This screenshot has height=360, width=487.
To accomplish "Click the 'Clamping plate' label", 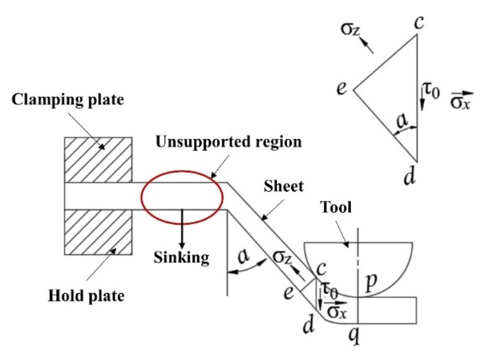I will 68,99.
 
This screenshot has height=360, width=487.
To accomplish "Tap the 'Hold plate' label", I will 86,295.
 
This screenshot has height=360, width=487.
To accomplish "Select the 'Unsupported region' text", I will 229,142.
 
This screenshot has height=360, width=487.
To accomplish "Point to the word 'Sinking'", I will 181,257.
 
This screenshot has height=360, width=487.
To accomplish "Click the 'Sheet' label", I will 284,186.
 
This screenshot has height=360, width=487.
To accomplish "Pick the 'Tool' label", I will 336,207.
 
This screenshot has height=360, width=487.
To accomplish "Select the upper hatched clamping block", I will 98,160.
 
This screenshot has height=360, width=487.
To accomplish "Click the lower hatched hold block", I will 98,232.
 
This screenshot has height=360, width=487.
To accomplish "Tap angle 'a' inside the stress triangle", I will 402,121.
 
